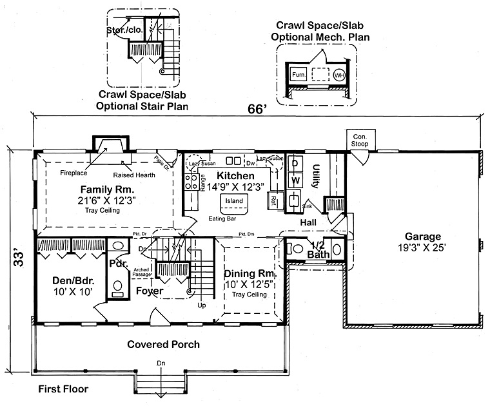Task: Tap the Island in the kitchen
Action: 233,202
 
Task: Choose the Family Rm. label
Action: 106,189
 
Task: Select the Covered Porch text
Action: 163,344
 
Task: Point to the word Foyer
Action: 149,291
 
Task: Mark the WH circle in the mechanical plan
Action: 338,75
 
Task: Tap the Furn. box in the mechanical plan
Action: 298,75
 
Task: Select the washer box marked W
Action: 294,181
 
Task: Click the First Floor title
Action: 63,389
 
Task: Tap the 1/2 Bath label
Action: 318,250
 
